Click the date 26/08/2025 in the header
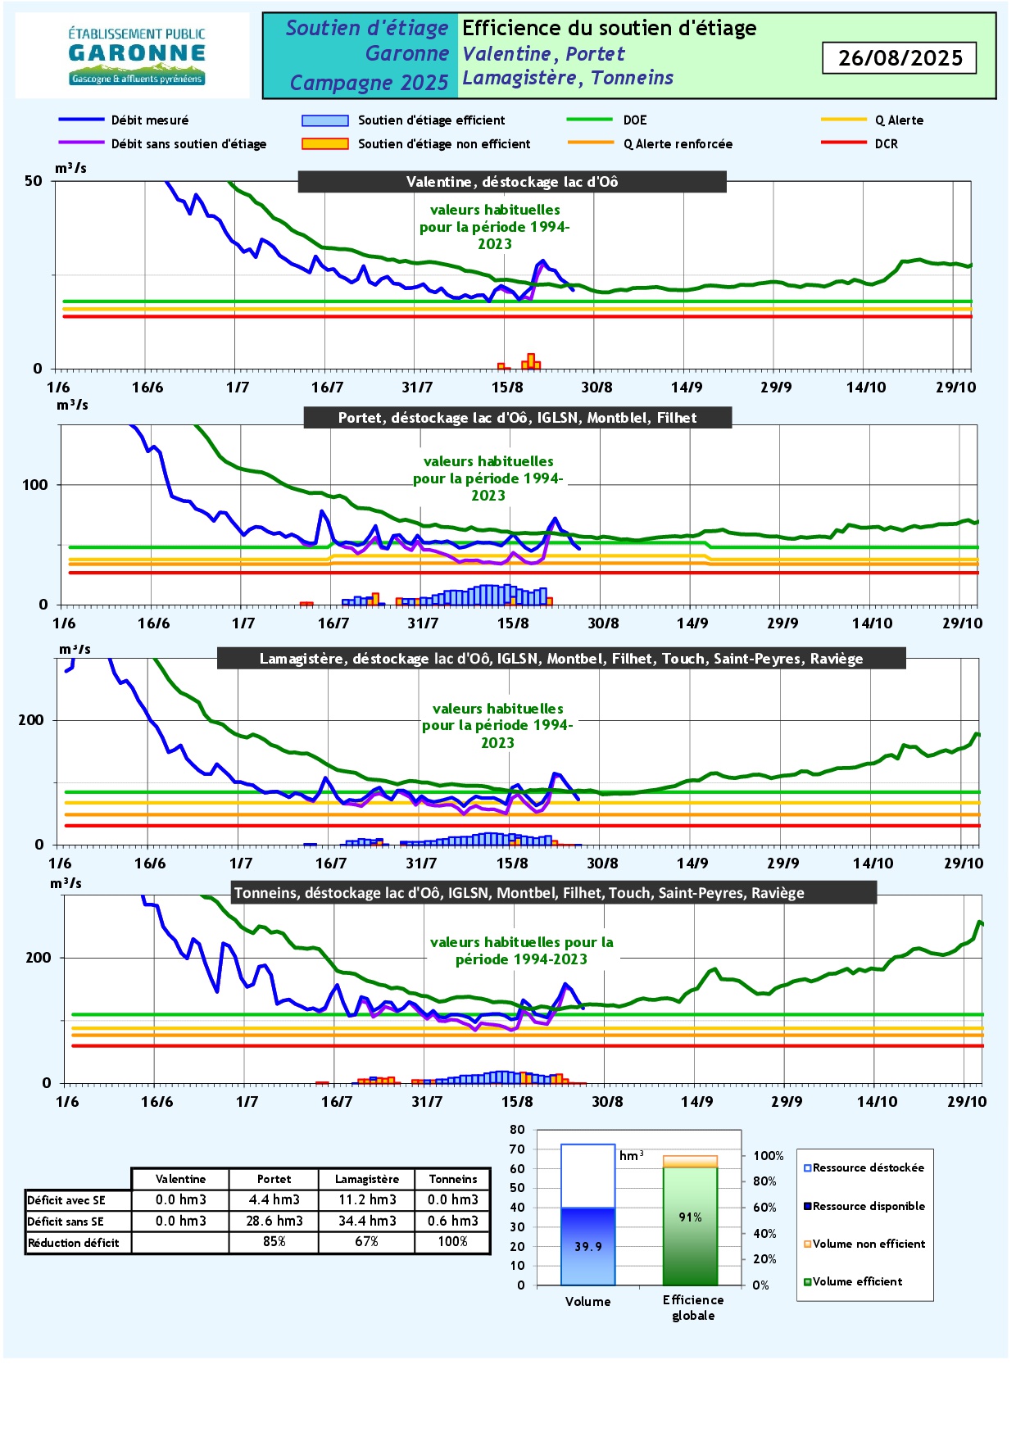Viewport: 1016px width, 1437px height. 900,58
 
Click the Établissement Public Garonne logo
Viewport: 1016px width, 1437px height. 137,56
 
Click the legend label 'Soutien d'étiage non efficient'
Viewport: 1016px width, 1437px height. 443,144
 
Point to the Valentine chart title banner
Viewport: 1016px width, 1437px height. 512,182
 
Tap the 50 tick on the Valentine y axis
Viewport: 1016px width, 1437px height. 34,181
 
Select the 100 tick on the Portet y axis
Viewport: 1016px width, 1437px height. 35,485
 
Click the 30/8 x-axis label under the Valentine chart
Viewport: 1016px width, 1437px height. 596,388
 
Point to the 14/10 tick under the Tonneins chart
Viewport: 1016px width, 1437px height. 877,1101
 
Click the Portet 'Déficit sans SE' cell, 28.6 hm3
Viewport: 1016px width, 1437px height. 274,1221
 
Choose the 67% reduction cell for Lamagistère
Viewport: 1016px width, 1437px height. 367,1242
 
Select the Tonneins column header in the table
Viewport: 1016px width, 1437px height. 453,1179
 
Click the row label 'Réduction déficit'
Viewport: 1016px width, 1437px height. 74,1243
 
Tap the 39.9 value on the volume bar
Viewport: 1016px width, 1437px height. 588,1247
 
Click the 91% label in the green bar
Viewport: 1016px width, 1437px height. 691,1217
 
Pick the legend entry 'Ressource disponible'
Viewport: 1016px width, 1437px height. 864,1206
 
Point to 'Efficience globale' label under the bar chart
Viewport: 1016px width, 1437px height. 693,1308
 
